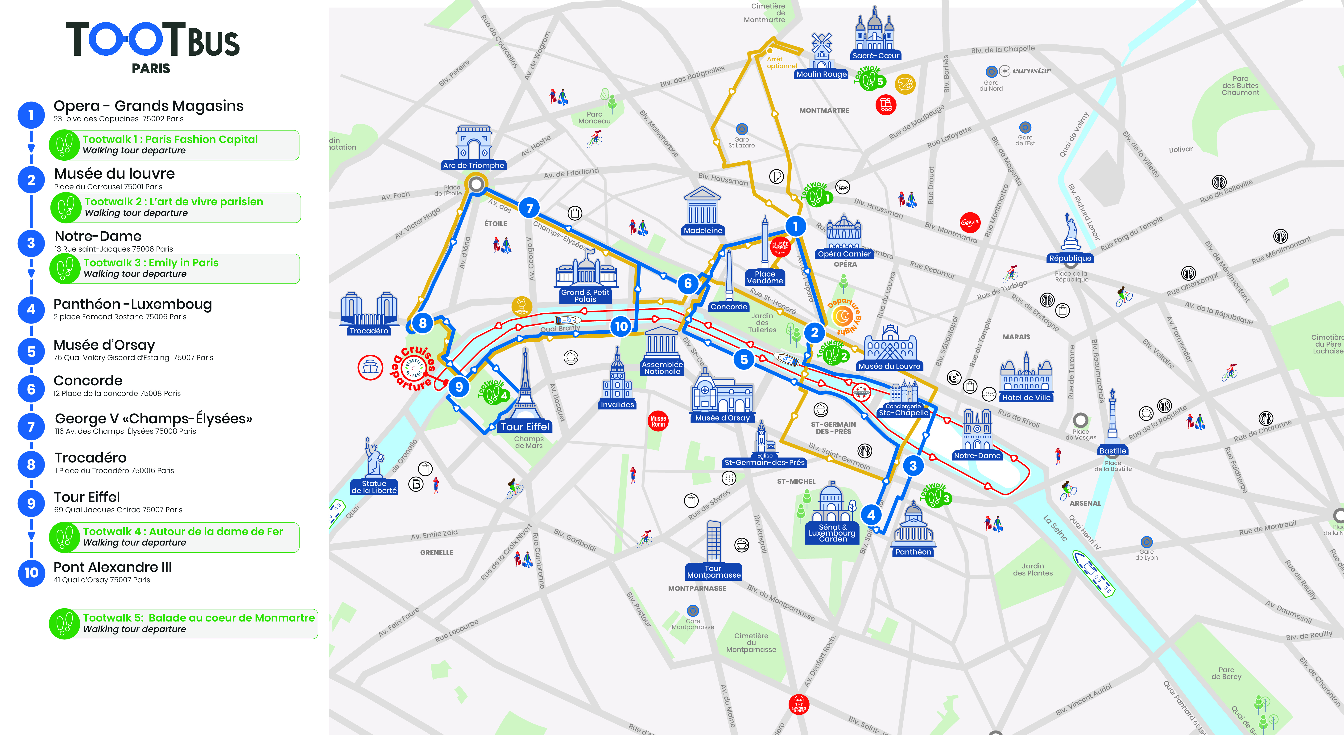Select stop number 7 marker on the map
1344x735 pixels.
(x=529, y=208)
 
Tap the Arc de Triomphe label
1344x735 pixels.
(x=473, y=165)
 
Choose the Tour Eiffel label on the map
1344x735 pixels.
(x=525, y=427)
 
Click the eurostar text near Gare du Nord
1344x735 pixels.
(x=1031, y=71)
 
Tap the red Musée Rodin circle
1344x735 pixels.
(x=658, y=421)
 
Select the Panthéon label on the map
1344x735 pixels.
(x=913, y=552)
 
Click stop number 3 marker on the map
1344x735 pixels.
(x=913, y=466)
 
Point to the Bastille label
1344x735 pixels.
(x=1112, y=451)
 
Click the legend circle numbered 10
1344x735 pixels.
(x=31, y=573)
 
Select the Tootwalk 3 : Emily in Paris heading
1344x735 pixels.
(x=151, y=263)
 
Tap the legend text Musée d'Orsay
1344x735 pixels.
(x=104, y=345)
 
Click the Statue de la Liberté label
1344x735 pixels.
(x=374, y=487)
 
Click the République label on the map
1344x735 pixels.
(x=1070, y=258)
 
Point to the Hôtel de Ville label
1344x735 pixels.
(x=1026, y=398)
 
